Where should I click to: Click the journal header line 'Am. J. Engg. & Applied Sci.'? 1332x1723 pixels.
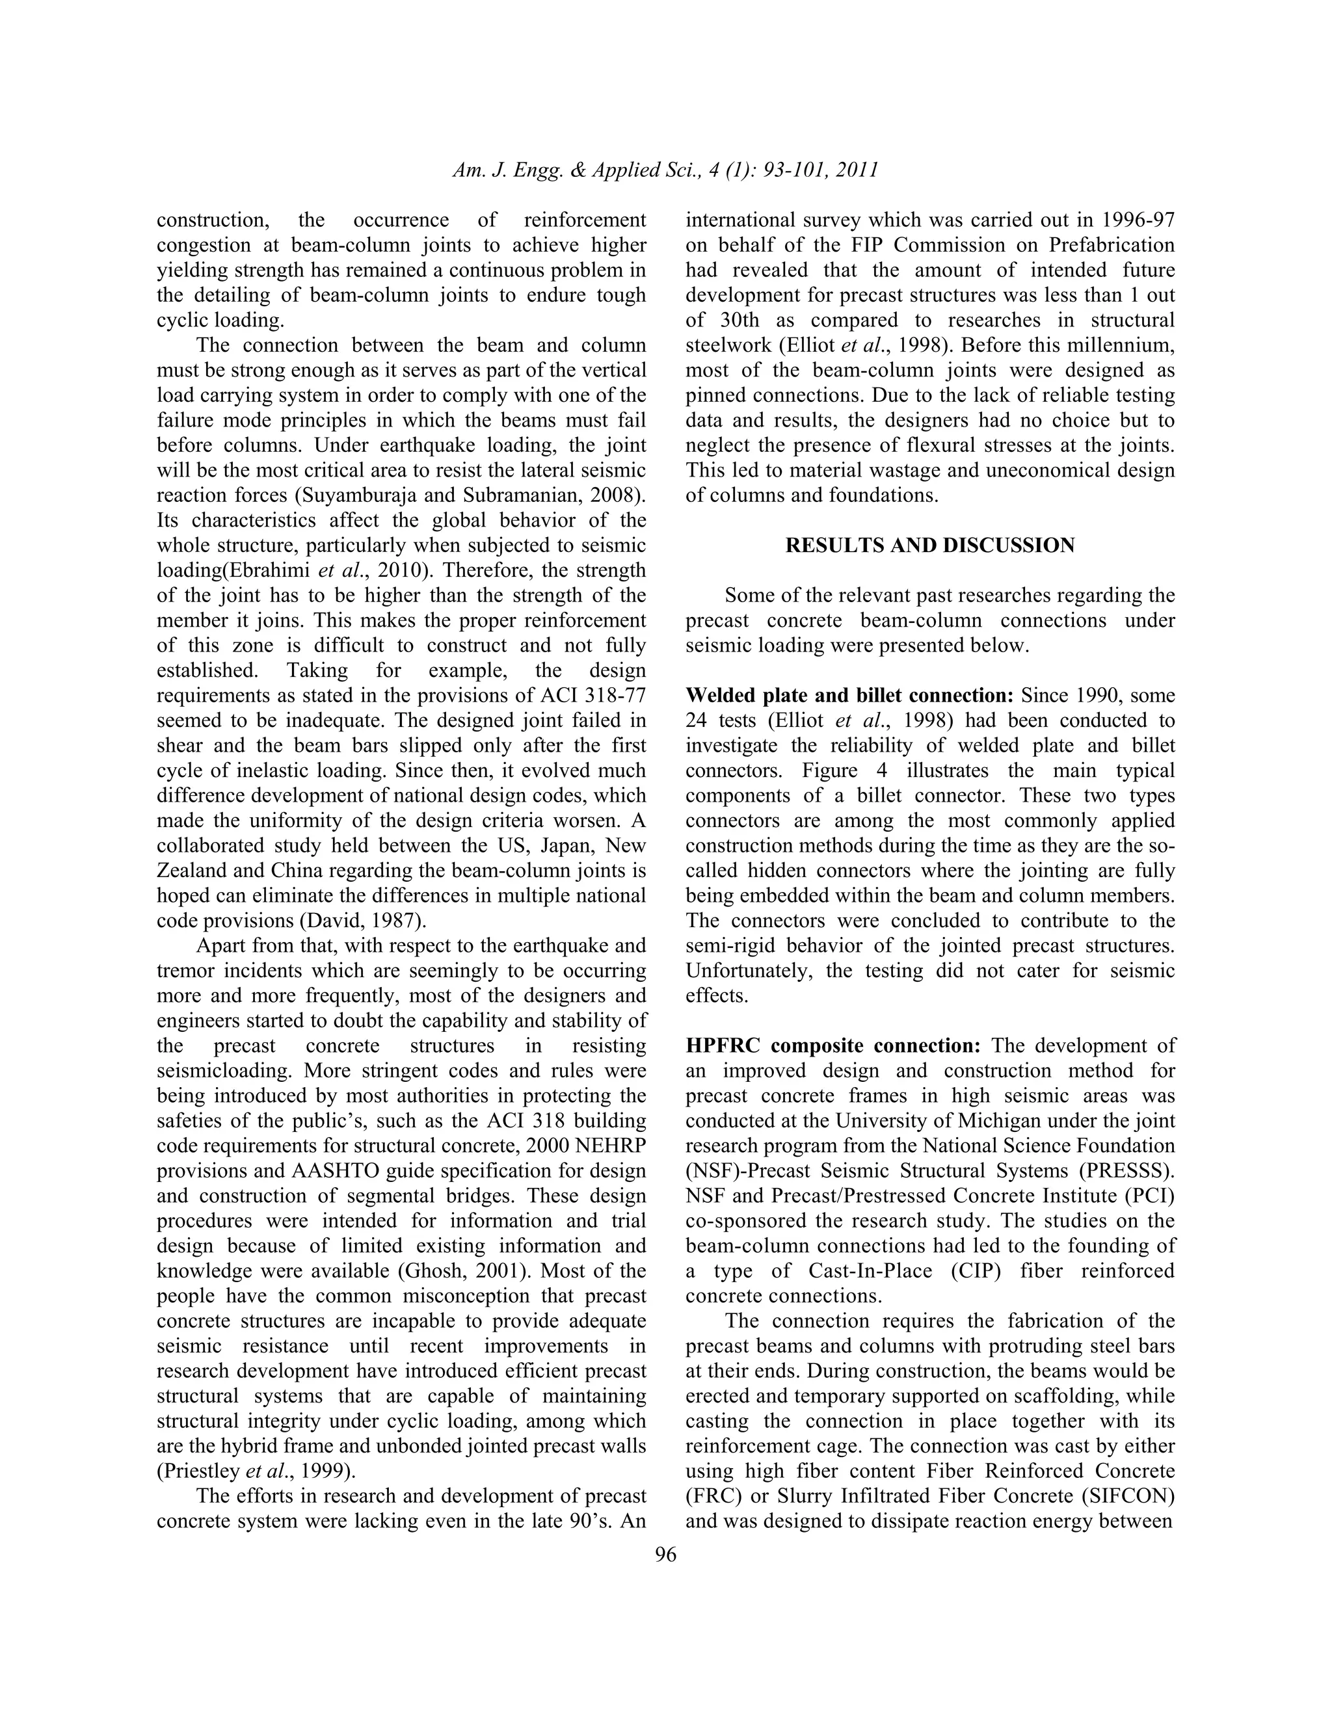coord(665,170)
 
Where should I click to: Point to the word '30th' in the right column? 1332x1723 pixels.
coord(743,321)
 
